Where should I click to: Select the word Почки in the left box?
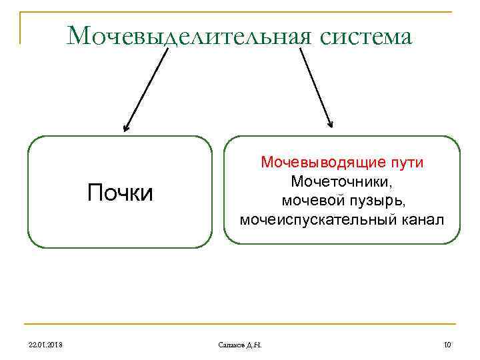[x=120, y=193]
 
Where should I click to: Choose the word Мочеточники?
[x=341, y=181]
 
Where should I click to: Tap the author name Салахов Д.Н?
[x=240, y=344]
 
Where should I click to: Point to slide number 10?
[x=447, y=344]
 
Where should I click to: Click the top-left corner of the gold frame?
[x=20, y=12]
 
